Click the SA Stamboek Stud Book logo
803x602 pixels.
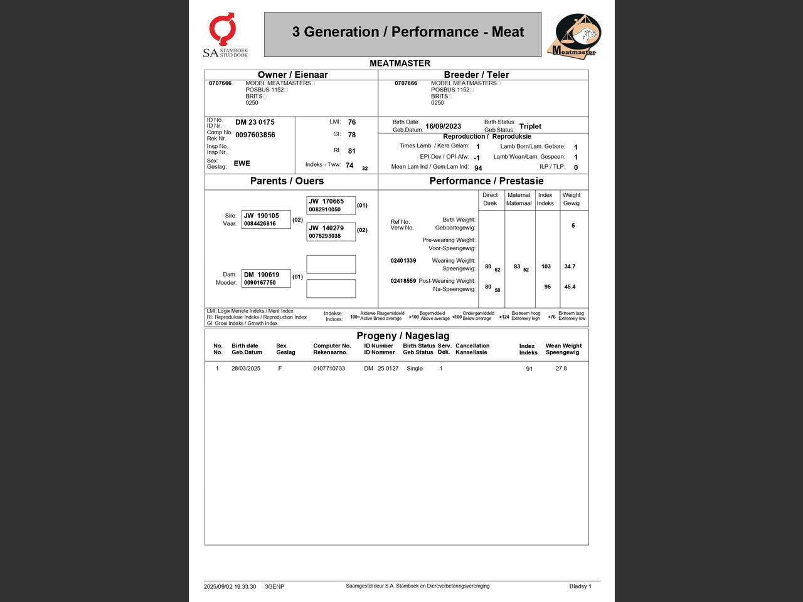coord(225,35)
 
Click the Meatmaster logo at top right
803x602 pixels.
coord(574,35)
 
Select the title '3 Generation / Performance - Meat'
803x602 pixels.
coord(408,32)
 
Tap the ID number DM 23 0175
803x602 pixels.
coord(255,122)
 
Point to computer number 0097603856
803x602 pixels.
coord(255,135)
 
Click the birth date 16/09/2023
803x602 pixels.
coord(443,126)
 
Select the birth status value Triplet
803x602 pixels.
coord(530,126)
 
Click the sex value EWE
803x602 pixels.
coord(242,163)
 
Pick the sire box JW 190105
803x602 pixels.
coord(266,219)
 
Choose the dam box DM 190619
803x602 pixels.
coord(266,278)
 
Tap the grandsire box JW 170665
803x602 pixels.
coord(331,205)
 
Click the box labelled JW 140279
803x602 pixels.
coord(331,231)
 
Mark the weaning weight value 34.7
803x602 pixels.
coord(570,267)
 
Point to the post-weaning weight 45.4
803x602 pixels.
coord(570,287)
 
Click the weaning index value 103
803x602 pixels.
coord(546,267)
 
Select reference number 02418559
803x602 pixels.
coord(403,281)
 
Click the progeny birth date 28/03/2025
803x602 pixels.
coord(246,368)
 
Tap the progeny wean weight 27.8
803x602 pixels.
coord(561,368)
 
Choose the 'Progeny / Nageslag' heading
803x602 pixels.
coord(403,335)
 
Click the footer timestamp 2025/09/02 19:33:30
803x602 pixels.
coord(230,586)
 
